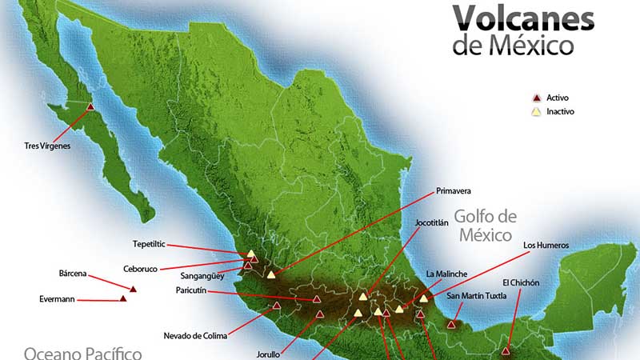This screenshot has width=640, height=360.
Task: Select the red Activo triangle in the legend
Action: [537, 98]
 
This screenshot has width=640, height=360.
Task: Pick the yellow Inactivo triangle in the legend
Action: [537, 112]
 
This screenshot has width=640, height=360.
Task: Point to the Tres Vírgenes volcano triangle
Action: [90, 106]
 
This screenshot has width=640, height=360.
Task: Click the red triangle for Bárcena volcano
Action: [134, 289]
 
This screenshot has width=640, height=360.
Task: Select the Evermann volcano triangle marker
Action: [123, 298]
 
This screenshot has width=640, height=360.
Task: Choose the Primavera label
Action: [453, 191]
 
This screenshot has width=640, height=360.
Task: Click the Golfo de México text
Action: [486, 226]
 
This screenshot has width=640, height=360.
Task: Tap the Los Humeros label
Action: [546, 245]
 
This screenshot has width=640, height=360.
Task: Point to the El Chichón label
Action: [521, 282]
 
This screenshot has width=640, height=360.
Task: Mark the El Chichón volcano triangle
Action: [506, 350]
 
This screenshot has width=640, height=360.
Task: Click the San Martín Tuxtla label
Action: [477, 296]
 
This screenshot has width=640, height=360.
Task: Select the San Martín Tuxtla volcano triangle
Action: [452, 324]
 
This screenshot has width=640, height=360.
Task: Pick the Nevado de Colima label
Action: [195, 335]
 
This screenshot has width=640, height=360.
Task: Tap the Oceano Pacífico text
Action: [82, 352]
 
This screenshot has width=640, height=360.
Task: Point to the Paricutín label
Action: [191, 290]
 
